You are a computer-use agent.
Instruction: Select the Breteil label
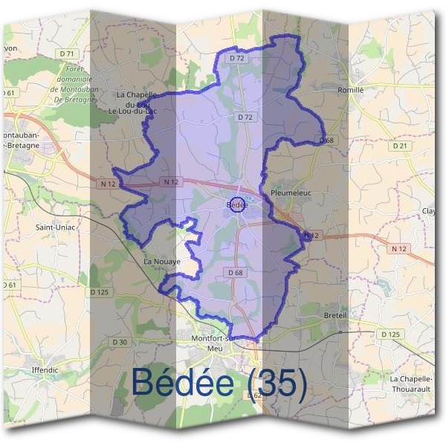[336, 315]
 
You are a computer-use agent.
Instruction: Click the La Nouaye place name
[162, 262]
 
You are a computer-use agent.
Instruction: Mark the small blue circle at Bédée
[236, 204]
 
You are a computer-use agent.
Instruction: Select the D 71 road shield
[68, 54]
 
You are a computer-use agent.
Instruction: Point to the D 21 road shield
[401, 146]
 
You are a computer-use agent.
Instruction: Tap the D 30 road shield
[120, 341]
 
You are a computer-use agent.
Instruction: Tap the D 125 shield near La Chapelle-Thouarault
[391, 334]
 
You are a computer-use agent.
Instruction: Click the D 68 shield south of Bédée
[235, 273]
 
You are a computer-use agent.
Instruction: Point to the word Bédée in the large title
[184, 382]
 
